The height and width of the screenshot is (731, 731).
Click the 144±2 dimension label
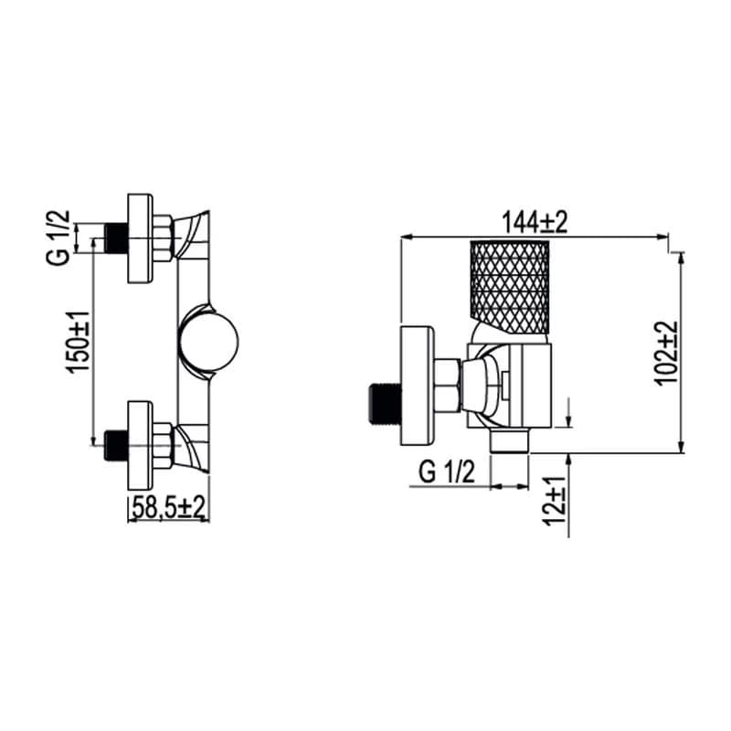(x=535, y=222)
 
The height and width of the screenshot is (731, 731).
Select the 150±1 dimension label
(x=78, y=342)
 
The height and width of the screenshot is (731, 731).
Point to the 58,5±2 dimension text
(x=169, y=507)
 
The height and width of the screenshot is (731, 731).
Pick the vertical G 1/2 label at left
(x=58, y=238)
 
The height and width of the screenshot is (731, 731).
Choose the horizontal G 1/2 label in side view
(x=447, y=471)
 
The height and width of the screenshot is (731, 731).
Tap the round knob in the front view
(x=208, y=339)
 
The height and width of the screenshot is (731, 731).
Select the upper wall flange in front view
(x=141, y=238)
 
